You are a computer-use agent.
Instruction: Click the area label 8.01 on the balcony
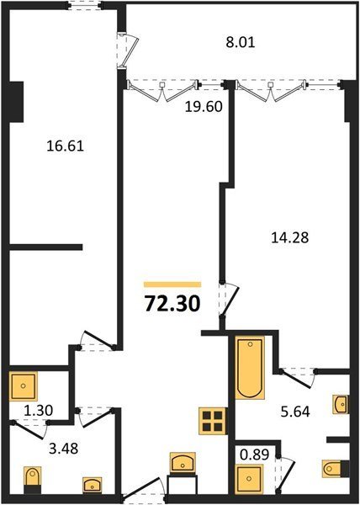(x=241, y=42)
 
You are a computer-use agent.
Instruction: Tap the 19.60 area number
(x=204, y=107)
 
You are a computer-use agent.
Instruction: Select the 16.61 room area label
(x=66, y=146)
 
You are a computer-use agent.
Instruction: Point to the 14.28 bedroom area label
(x=290, y=237)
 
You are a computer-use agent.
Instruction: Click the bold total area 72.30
(x=172, y=304)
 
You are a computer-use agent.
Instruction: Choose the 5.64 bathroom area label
(x=295, y=412)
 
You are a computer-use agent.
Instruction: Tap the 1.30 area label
(x=39, y=411)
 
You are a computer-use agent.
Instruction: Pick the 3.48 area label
(x=64, y=448)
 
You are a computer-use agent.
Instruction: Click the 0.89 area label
(x=254, y=454)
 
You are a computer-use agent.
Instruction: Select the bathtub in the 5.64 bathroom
(x=251, y=368)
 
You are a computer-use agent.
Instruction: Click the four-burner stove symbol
(x=212, y=421)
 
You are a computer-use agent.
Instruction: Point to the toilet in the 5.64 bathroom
(x=336, y=468)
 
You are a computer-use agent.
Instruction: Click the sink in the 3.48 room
(x=92, y=485)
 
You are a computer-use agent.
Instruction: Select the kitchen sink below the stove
(x=183, y=463)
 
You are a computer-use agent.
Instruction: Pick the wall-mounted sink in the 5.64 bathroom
(x=341, y=404)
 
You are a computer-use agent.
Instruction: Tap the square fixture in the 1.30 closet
(x=23, y=385)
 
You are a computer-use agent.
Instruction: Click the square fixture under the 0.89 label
(x=249, y=479)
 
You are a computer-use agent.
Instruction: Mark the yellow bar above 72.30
(x=172, y=284)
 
